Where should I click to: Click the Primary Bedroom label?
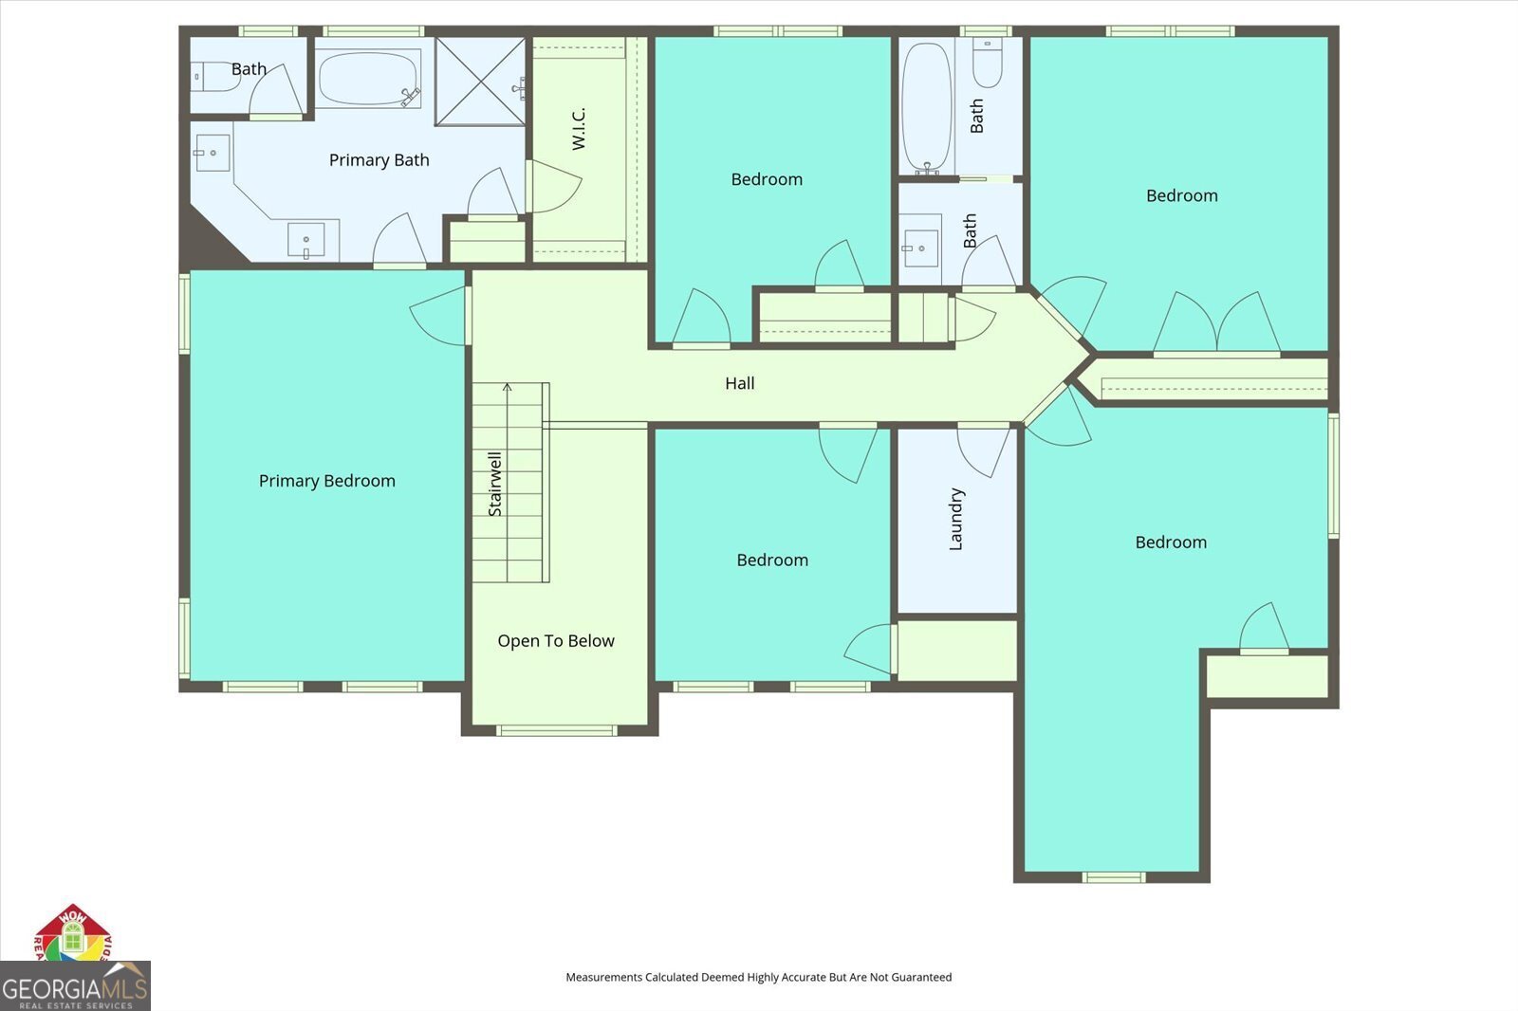coord(326,481)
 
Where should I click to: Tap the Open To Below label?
coord(556,641)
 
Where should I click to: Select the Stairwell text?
coord(495,484)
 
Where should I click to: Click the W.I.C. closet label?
coord(579,128)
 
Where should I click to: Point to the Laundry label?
coord(956,519)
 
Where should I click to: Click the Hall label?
coord(740,383)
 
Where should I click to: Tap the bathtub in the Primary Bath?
coord(368,79)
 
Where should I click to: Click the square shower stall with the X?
coord(480,81)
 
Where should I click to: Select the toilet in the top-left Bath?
coord(213,76)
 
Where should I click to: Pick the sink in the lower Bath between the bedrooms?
coord(919,248)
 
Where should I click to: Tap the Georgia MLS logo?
coord(75,986)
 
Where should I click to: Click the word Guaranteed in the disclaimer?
coord(920,977)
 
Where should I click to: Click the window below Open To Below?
coord(557,730)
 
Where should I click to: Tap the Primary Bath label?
coord(379,160)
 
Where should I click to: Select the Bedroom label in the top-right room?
coord(1181,196)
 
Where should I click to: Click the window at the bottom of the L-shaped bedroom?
coord(1114,877)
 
